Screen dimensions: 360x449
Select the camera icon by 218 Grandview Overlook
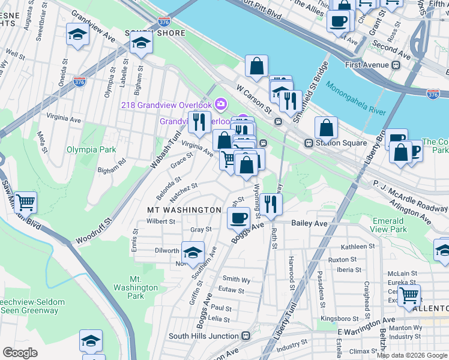[x=220, y=104]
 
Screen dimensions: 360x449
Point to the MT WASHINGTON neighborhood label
[x=184, y=210]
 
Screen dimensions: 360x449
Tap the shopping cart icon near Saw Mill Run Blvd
[x=25, y=202]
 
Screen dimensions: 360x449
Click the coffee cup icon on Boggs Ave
[x=239, y=217]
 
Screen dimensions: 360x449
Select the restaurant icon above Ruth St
[x=272, y=204]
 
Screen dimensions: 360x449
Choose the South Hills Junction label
[x=204, y=337]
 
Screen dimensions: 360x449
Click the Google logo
[x=20, y=352]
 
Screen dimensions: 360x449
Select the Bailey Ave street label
[x=309, y=223]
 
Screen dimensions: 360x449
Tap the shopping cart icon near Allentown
[x=409, y=295]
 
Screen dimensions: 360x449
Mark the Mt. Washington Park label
[x=145, y=287]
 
